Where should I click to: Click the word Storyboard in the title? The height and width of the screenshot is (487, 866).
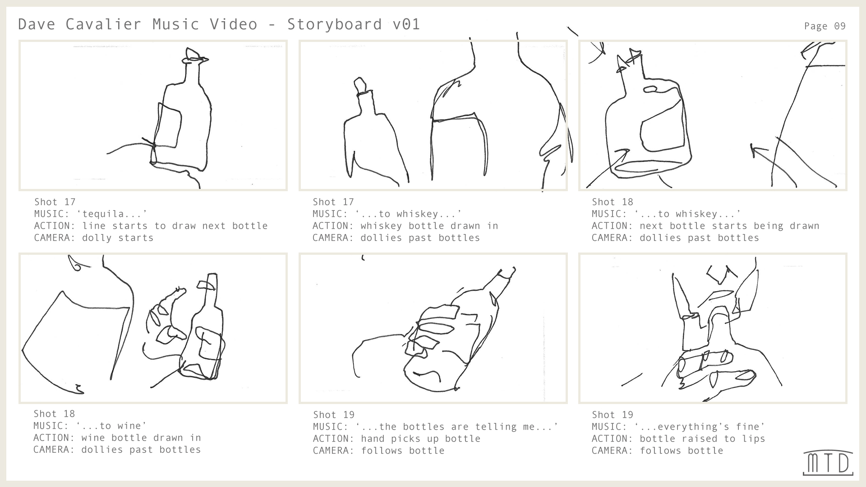[x=334, y=24]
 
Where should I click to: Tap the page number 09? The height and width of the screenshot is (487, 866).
[x=839, y=26]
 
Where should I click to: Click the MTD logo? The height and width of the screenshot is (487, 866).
[x=828, y=463]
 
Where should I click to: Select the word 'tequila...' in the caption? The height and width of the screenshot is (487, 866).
[x=115, y=214]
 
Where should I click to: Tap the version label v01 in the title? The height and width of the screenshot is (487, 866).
[x=406, y=24]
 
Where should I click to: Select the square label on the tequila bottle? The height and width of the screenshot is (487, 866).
[x=169, y=125]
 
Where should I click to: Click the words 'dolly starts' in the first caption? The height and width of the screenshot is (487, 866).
[x=118, y=238]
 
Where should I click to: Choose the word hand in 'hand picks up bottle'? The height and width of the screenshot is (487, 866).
[x=373, y=438]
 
